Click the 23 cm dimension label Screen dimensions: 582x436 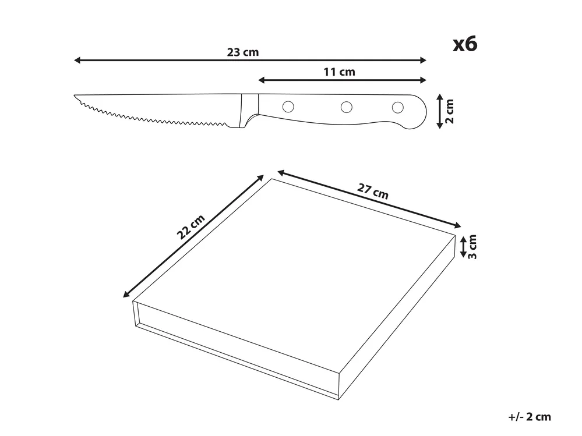point(243,52)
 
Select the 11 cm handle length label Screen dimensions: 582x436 point(339,72)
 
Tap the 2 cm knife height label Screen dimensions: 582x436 point(449,111)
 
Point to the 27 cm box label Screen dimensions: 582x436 point(373,192)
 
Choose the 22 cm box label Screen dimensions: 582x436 point(191,227)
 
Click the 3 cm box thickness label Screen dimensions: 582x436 point(472,247)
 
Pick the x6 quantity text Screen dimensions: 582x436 point(465,44)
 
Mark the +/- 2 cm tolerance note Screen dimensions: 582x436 point(530,417)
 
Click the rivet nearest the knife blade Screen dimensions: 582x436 point(288,107)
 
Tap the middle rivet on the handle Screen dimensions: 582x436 point(346,107)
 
